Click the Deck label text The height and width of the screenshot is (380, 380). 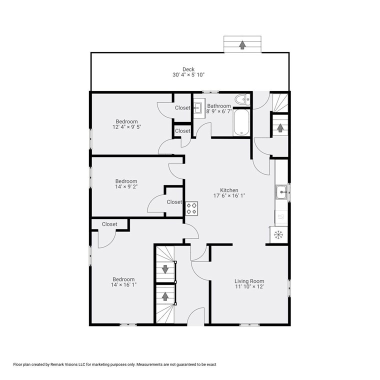(x=188, y=69)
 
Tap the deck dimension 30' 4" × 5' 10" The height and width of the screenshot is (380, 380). (x=188, y=75)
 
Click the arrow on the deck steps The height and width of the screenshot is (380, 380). (x=242, y=45)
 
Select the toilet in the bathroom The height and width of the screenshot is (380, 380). (x=241, y=99)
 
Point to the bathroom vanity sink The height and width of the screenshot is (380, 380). (x=197, y=106)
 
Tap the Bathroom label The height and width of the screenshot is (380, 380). (x=219, y=106)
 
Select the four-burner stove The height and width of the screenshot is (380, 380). (x=192, y=208)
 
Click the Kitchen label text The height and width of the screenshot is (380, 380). (x=229, y=190)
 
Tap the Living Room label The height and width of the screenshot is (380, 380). (x=249, y=281)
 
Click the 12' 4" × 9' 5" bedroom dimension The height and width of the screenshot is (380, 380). (x=126, y=127)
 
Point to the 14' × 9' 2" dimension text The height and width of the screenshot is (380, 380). (x=126, y=187)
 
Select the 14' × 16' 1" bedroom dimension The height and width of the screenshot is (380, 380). (x=123, y=284)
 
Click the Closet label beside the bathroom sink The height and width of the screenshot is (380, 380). (x=182, y=108)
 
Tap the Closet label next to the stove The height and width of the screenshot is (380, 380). (x=174, y=202)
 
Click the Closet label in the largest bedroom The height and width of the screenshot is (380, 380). (x=109, y=224)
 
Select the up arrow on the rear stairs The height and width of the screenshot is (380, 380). (x=280, y=127)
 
